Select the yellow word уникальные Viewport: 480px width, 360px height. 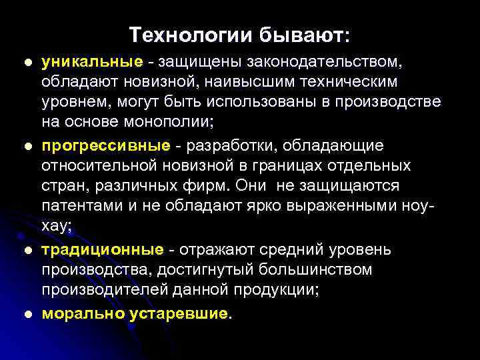92,62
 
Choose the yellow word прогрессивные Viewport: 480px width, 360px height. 104,145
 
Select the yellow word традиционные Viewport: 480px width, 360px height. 102,249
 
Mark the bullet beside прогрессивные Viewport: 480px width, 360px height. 27,146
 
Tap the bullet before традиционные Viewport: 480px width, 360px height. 27,250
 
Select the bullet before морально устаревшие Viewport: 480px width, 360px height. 27,313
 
